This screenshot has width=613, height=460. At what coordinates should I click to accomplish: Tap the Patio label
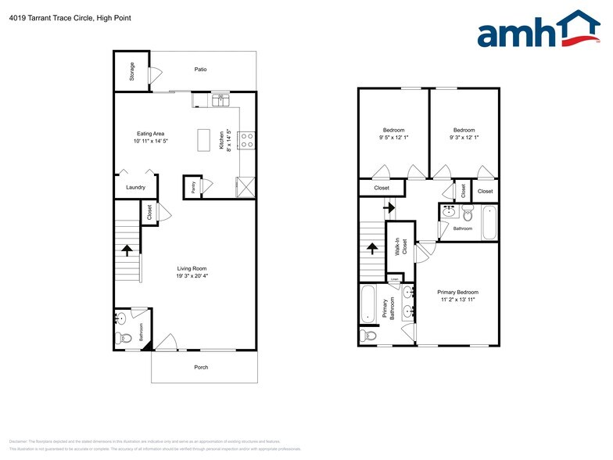[201, 70]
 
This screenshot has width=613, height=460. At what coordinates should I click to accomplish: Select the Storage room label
[132, 71]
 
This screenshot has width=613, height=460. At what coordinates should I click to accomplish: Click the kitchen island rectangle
[206, 140]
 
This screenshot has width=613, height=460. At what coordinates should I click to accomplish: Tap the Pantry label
[193, 187]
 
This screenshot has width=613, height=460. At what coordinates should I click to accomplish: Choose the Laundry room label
[135, 187]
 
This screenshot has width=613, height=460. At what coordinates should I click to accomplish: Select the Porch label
[201, 367]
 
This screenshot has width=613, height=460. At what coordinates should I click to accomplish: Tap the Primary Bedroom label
[457, 292]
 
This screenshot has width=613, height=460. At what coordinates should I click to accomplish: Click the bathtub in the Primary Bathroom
[368, 304]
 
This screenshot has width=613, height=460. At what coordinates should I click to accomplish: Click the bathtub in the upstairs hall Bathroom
[489, 222]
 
